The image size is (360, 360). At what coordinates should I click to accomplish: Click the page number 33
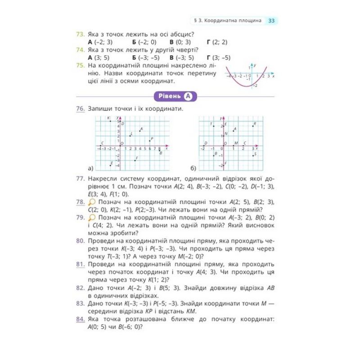(x=272, y=21)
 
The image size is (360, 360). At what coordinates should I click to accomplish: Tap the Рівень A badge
(x=176, y=96)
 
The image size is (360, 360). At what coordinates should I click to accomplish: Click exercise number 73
(x=81, y=34)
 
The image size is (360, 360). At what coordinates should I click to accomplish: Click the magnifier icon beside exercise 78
(x=93, y=203)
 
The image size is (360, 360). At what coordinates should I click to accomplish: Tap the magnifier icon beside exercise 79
(x=93, y=218)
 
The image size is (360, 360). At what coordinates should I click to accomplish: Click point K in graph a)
(x=111, y=121)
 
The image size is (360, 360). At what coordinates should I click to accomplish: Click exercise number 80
(x=81, y=241)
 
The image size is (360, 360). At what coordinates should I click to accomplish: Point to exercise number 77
(x=81, y=179)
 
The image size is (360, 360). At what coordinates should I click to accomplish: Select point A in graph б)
(x=234, y=131)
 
